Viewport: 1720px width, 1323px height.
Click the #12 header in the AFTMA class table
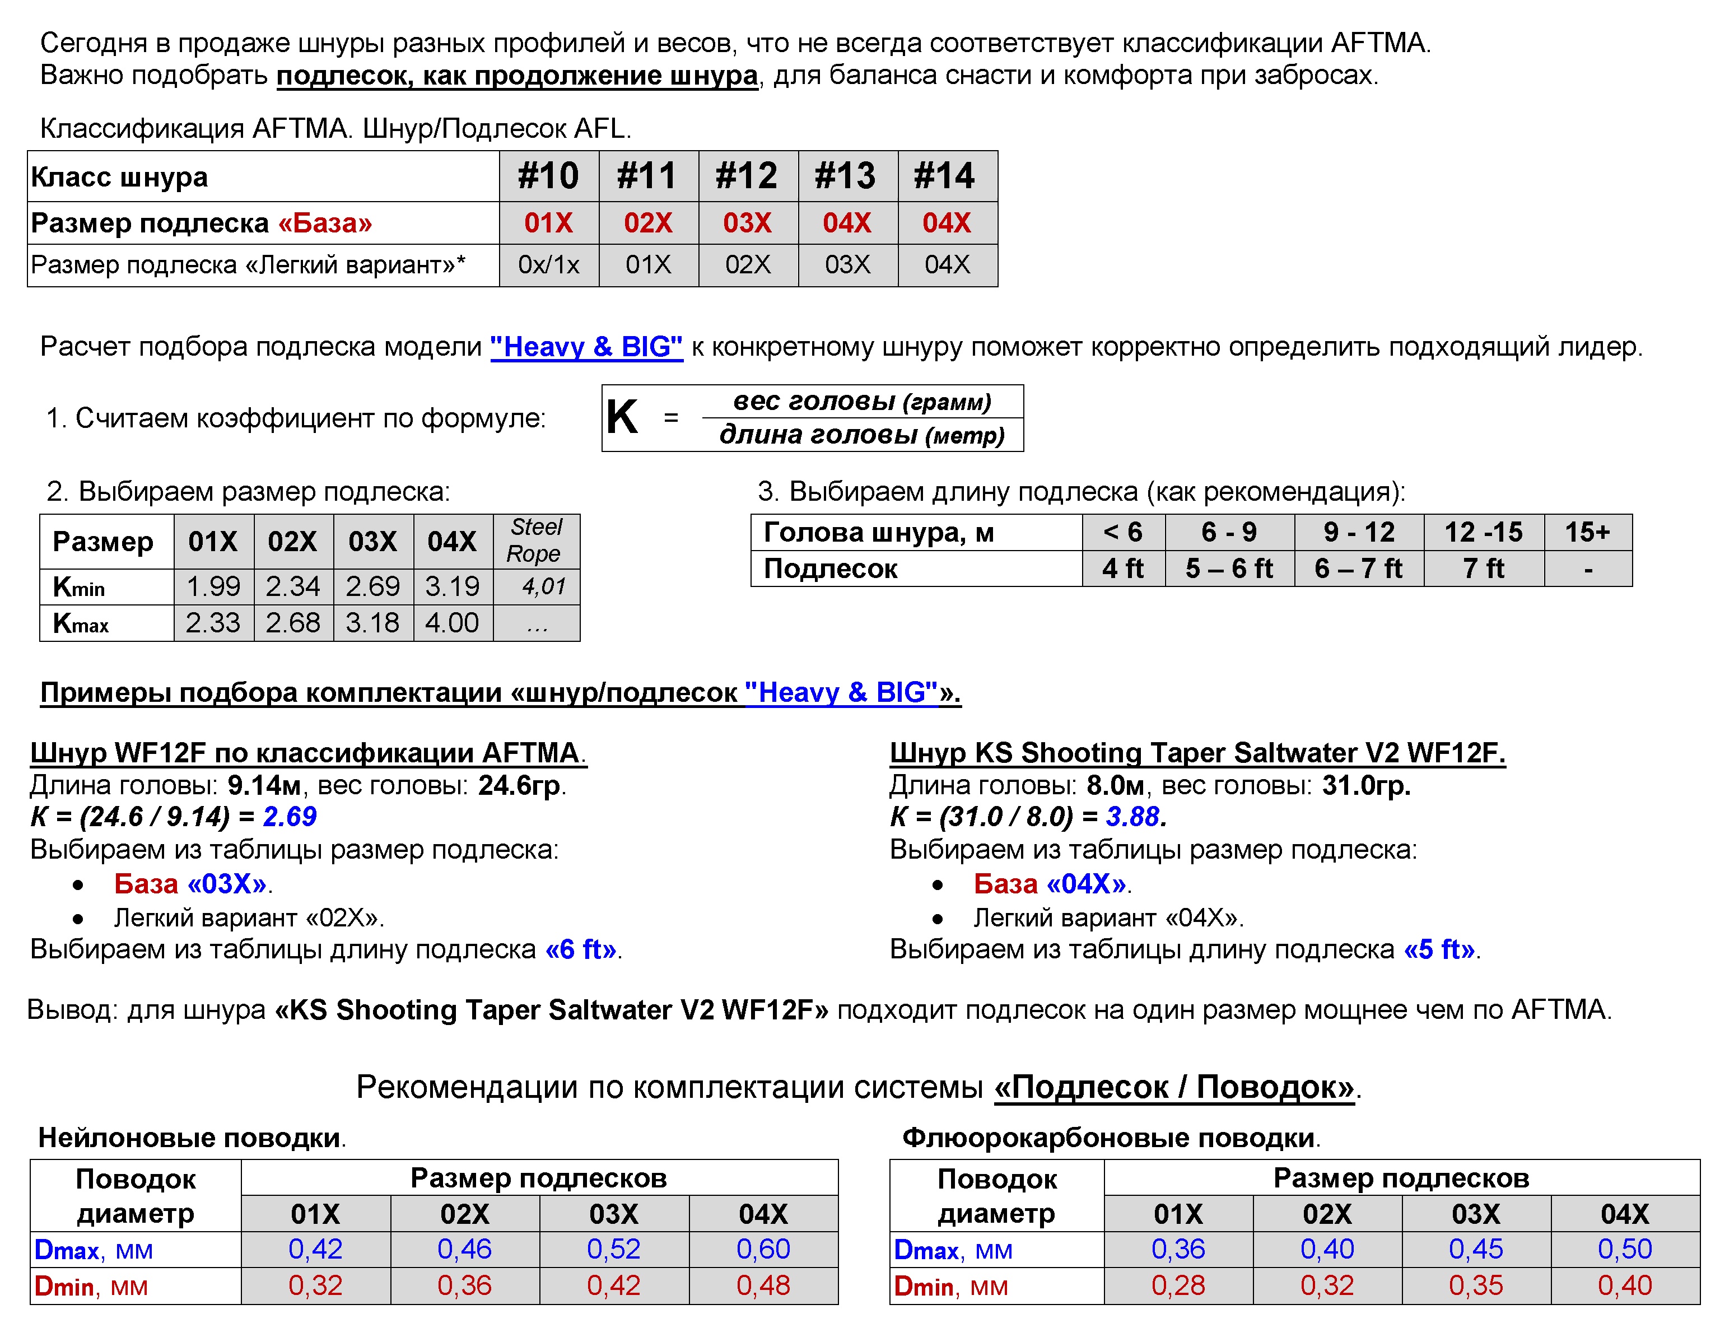click(x=747, y=176)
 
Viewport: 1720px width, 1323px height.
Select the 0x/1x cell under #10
click(x=548, y=264)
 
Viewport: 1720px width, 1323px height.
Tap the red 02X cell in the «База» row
click(x=647, y=223)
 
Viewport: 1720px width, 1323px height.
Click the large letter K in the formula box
click(x=622, y=417)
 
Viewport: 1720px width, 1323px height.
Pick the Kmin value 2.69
click(x=372, y=586)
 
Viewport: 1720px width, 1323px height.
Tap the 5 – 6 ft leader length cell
click(x=1229, y=569)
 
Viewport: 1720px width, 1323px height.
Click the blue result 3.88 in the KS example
click(x=1133, y=817)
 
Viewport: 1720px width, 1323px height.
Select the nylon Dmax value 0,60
click(x=763, y=1249)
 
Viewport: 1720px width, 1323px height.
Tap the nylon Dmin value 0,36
click(x=465, y=1285)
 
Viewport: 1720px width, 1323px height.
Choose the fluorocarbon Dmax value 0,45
click(x=1476, y=1249)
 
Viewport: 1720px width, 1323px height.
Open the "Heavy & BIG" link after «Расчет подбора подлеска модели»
click(x=586, y=347)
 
